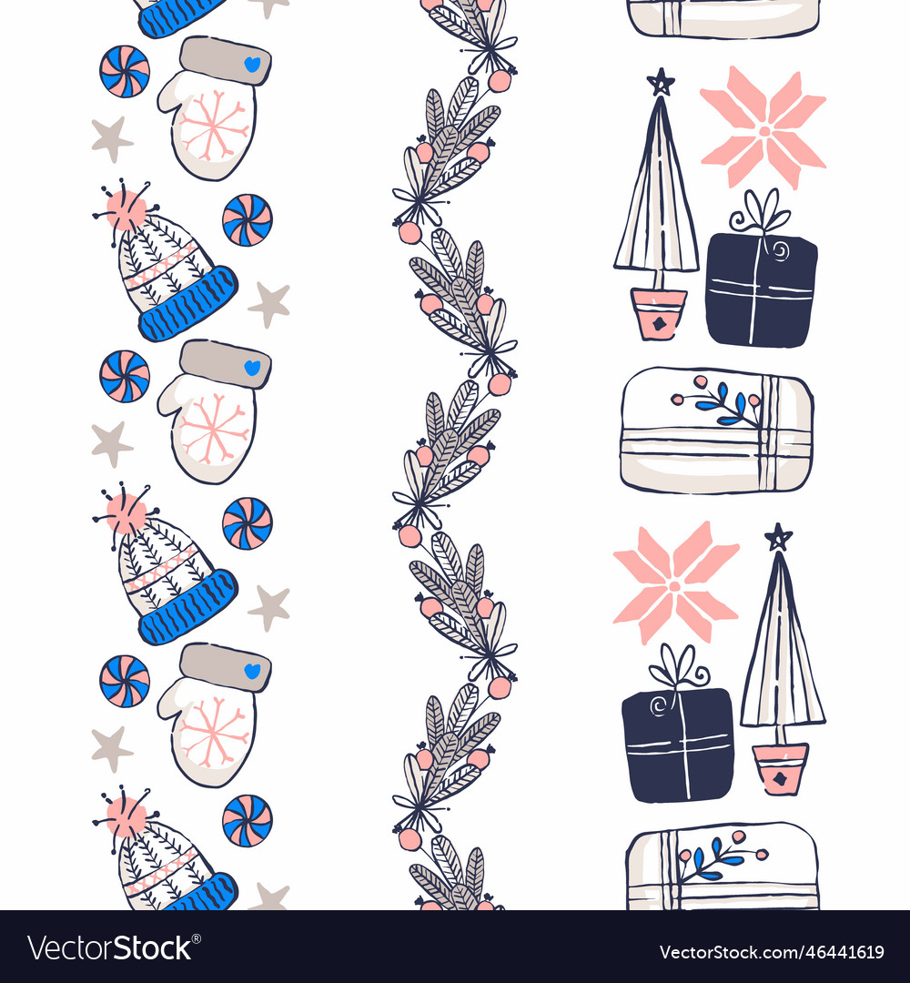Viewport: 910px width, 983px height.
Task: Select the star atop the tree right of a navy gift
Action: click(778, 537)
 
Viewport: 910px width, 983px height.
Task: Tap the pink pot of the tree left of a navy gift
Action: click(658, 314)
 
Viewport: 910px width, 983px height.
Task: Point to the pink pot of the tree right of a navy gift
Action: click(780, 768)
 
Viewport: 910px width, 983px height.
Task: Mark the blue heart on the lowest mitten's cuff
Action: click(252, 671)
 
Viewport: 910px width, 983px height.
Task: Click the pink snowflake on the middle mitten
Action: click(215, 428)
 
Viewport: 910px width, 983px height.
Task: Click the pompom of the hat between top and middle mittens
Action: click(126, 210)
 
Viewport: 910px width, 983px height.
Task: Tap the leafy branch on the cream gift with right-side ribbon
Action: click(719, 400)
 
